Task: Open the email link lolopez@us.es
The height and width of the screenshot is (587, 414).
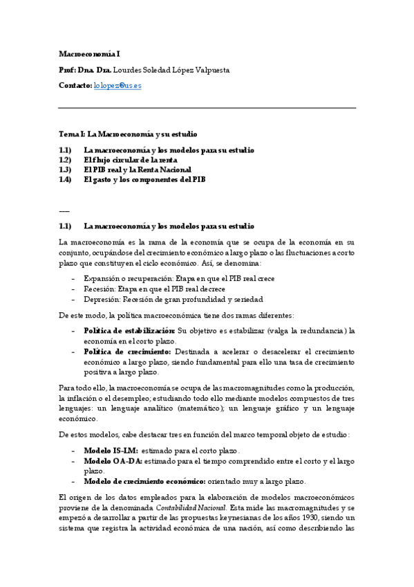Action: [x=117, y=85]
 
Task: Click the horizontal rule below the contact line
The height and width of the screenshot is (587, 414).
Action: [x=207, y=108]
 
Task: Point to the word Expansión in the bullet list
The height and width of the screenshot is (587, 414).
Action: [x=103, y=278]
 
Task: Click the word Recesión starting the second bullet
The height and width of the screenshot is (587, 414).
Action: [x=100, y=289]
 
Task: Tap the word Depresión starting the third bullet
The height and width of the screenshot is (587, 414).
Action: [x=102, y=300]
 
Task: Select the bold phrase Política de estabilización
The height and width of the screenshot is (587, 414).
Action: [x=129, y=331]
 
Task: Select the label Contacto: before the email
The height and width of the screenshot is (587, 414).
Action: [x=75, y=85]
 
